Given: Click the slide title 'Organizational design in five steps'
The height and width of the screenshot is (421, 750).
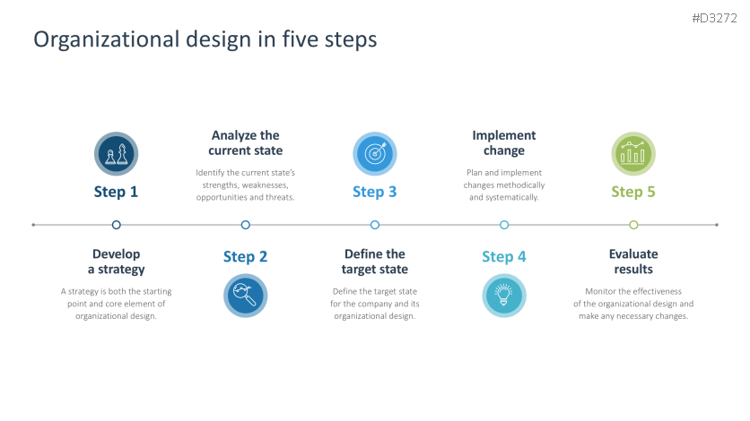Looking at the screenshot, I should pos(205,39).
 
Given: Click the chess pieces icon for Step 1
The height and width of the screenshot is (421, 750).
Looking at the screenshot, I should pos(117,154).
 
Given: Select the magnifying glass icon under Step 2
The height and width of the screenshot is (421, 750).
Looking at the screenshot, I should pos(245,295).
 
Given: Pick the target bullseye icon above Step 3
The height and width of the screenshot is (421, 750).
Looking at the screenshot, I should pos(375,154).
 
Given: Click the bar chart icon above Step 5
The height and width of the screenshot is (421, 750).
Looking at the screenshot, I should pos(633,154).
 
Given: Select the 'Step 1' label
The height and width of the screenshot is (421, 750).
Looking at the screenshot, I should pos(117,192).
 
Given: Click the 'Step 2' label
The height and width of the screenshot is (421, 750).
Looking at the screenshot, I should pos(245,257).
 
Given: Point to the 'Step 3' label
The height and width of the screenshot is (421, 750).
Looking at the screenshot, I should pos(375,192).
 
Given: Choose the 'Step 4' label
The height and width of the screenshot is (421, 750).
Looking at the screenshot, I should pos(504,257).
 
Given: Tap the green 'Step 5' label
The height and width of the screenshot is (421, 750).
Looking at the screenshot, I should pos(633,192).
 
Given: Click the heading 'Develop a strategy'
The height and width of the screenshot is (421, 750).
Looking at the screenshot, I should pos(117,262).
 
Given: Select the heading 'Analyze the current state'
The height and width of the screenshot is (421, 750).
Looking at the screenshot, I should pos(245,143).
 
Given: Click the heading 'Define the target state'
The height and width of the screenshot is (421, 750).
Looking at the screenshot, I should pos(375,262).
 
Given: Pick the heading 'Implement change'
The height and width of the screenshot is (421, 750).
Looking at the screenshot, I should pos(504,143).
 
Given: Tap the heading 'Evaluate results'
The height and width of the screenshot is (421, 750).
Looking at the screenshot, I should pos(633,262).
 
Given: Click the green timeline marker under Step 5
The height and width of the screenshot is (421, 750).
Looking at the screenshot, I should pos(633,225).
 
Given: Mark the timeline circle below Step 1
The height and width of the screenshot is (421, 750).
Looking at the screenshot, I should pos(117,225).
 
